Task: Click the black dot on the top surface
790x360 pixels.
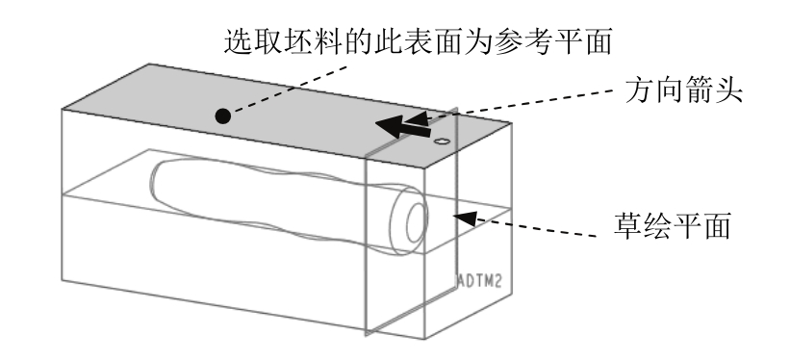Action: point(222,116)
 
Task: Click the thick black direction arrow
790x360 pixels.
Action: point(403,126)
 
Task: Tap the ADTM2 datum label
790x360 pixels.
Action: point(479,281)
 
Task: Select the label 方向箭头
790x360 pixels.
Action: point(684,90)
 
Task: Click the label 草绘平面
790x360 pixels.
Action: point(673,225)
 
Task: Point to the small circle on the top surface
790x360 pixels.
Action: point(442,141)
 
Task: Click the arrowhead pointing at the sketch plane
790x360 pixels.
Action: point(464,218)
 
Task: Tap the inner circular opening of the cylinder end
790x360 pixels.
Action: point(417,223)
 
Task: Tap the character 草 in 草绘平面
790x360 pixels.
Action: point(628,225)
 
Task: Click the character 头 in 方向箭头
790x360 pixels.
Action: point(728,90)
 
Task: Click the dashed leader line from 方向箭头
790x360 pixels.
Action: point(519,105)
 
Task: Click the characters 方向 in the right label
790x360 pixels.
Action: point(654,90)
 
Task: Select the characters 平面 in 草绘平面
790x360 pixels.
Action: point(701,225)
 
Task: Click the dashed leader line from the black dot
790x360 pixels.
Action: point(290,90)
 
